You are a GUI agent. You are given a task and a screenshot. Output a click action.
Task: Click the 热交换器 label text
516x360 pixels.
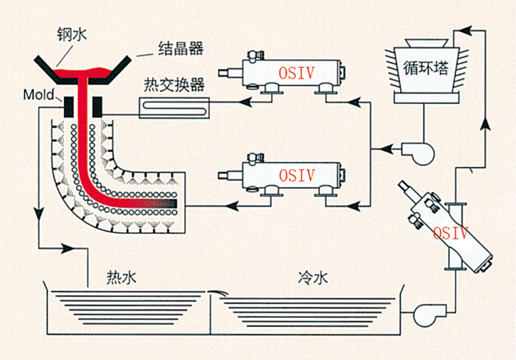tap(174, 86)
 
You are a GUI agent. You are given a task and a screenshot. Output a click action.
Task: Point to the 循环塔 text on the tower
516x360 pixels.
tap(426, 69)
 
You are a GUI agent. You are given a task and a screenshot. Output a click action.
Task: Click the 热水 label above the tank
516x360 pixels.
tap(122, 278)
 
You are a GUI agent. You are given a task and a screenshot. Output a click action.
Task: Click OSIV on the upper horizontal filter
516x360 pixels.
tap(296, 73)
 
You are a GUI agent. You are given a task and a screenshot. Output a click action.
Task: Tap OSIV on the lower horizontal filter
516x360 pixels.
tap(296, 175)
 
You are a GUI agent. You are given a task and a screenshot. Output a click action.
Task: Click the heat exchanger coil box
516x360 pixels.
tap(174, 107)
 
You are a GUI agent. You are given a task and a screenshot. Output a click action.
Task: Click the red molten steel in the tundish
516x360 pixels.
tap(85, 72)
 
